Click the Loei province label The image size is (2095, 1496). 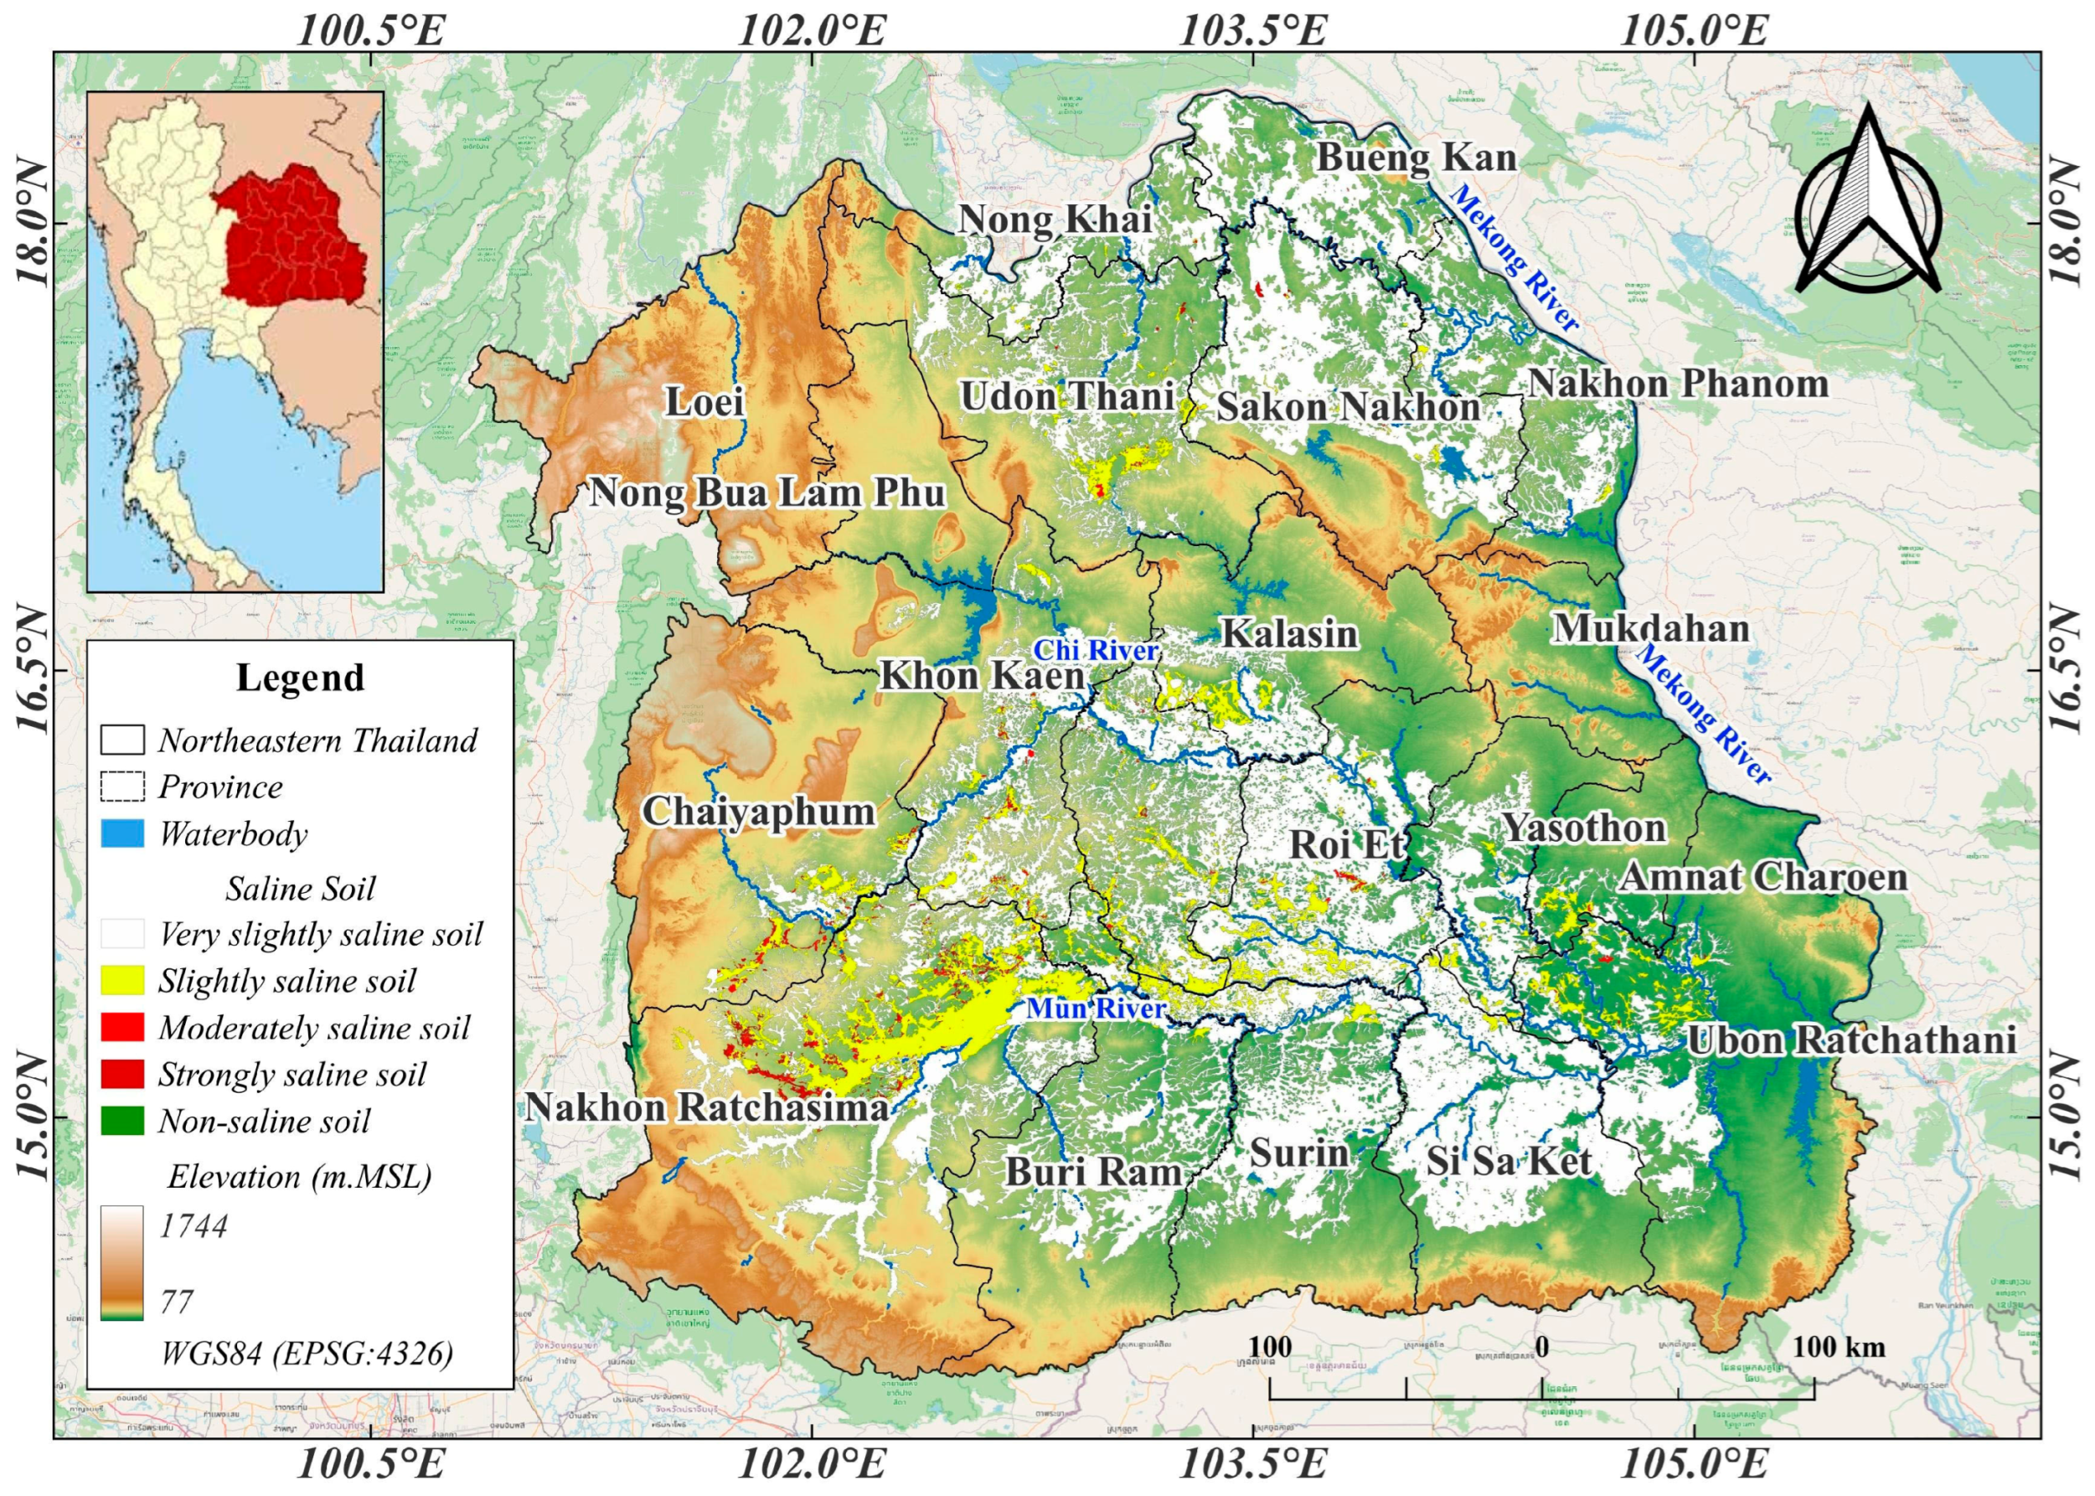pyautogui.click(x=704, y=403)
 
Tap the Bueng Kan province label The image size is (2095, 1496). pyautogui.click(x=1416, y=157)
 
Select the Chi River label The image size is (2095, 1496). pyautogui.click(x=1095, y=650)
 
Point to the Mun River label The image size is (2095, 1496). pyautogui.click(x=1097, y=1009)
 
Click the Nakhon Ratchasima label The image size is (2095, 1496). pyautogui.click(x=707, y=1107)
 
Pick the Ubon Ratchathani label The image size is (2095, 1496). pyautogui.click(x=1852, y=1041)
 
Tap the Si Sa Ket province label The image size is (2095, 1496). pyautogui.click(x=1509, y=1162)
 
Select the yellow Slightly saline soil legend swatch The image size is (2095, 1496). pyautogui.click(x=121, y=980)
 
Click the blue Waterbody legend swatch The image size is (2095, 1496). pyautogui.click(x=121, y=833)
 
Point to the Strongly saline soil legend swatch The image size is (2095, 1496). pyautogui.click(x=121, y=1074)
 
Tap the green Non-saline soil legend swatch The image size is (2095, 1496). pyautogui.click(x=121, y=1121)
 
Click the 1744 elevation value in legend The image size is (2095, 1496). pyautogui.click(x=194, y=1226)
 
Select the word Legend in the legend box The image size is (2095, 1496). pyautogui.click(x=301, y=678)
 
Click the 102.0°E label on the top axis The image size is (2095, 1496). pyautogui.click(x=813, y=30)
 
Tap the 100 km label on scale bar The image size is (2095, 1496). pyautogui.click(x=1839, y=1348)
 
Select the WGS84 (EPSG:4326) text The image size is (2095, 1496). pyautogui.click(x=307, y=1354)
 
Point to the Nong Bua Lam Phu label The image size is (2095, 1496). pyautogui.click(x=767, y=493)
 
